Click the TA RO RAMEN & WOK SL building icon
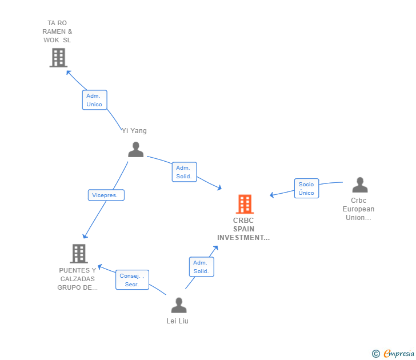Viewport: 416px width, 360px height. pos(58,58)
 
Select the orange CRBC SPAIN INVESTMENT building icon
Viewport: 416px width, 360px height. pos(245,204)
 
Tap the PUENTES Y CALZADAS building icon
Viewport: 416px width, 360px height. pos(79,253)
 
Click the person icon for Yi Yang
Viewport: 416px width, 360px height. pos(136,149)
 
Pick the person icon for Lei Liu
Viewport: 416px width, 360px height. pos(179,305)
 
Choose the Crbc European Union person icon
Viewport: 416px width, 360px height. pos(360,185)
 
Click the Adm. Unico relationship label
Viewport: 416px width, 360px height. pos(94,100)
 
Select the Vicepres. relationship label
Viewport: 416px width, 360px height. pos(106,195)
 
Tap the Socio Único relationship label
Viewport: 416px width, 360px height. pos(306,189)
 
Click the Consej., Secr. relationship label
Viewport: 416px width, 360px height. pos(133,280)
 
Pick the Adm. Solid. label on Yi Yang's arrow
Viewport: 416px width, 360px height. pos(184,172)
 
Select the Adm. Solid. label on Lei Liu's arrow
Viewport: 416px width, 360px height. pos(201,267)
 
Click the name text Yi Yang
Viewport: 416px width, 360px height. pos(134,131)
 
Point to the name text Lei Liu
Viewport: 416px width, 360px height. pos(178,321)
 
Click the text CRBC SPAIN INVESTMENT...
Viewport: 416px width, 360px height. pos(243,229)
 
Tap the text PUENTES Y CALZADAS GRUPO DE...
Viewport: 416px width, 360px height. pos(78,279)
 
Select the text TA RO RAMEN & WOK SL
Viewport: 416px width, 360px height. pos(57,32)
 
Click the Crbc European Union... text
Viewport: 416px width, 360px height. pos(359,209)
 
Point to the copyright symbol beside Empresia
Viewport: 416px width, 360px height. pos(376,354)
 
